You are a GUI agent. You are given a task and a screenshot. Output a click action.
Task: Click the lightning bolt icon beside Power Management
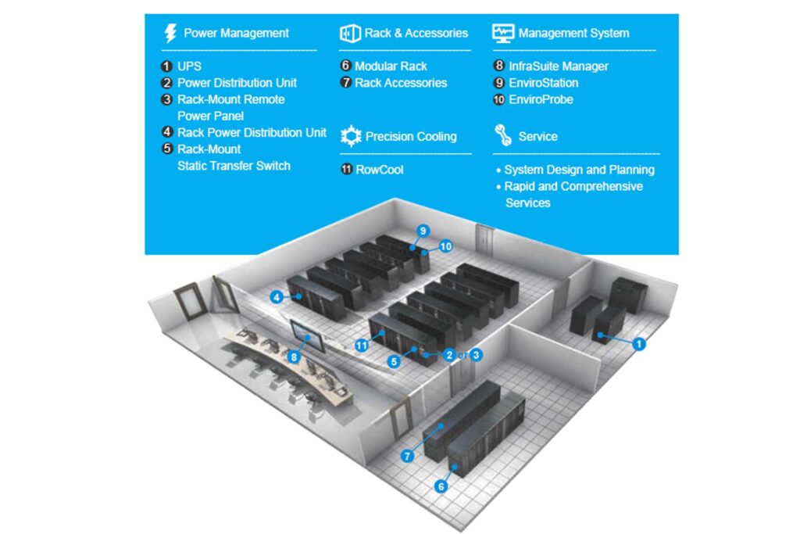coord(170,33)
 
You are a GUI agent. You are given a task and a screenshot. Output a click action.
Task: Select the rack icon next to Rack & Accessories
coord(349,33)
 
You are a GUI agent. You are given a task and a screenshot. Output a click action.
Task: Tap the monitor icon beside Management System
coord(502,33)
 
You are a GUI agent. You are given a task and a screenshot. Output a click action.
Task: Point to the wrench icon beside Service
coord(502,135)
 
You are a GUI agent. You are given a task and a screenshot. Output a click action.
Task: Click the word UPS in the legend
coord(190,66)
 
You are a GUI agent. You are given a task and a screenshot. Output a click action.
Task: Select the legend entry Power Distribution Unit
coord(237,83)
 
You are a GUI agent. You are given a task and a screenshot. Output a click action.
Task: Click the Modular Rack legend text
coord(391,66)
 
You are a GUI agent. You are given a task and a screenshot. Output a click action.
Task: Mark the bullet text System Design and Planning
coord(579,170)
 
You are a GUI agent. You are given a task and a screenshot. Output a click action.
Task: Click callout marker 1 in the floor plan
coord(639,343)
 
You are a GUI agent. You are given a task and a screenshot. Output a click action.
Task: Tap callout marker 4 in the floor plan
coord(277,297)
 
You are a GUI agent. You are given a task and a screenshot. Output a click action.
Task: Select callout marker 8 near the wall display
coord(294,357)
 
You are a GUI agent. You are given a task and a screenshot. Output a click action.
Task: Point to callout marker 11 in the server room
coord(361,345)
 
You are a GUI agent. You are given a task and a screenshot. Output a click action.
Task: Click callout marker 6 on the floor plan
coord(441,486)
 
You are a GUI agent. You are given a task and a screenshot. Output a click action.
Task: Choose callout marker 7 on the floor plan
coord(408,456)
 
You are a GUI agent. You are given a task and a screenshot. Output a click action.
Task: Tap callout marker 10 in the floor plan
coord(445,246)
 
